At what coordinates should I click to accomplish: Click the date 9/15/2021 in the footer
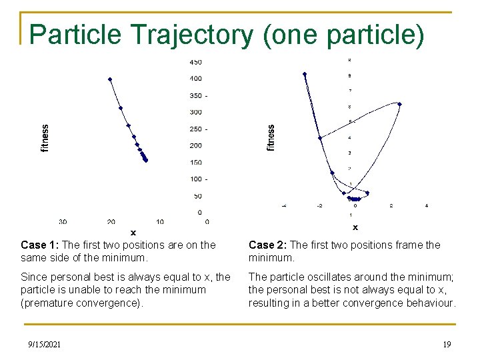point(44,345)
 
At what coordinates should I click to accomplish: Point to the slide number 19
point(447,345)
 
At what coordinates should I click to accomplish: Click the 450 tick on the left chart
point(195,62)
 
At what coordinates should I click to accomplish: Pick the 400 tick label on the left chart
point(195,79)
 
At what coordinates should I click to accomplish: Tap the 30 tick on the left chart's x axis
point(63,221)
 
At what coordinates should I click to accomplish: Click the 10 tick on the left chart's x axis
point(160,221)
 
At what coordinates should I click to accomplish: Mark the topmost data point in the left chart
point(110,79)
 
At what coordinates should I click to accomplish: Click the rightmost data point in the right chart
point(399,103)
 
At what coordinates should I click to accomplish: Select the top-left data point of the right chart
point(305,74)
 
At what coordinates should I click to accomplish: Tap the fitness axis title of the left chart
point(45,138)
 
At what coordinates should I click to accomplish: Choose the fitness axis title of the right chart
point(271,137)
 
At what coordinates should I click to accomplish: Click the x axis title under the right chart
point(355,227)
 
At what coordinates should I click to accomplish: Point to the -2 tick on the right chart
point(319,206)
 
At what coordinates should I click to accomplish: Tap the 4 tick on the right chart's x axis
point(427,206)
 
